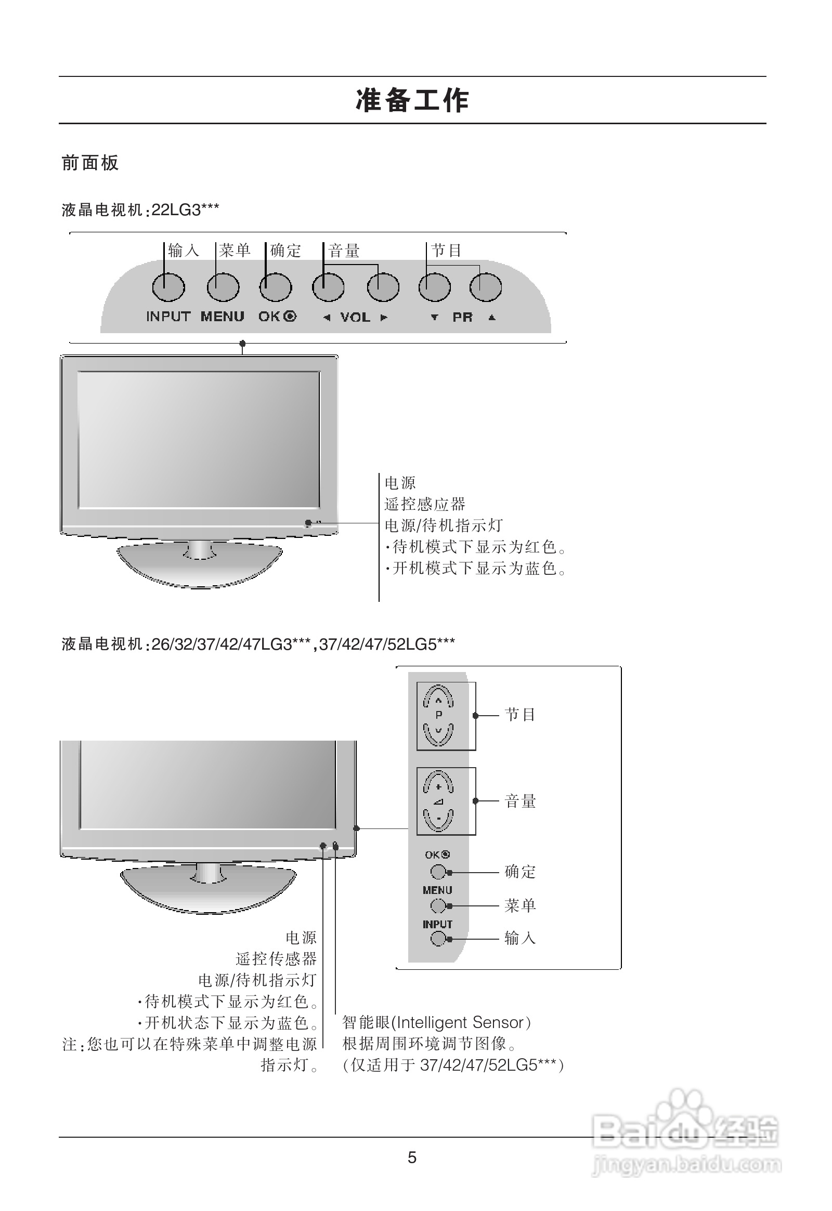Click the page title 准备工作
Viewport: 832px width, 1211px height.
click(412, 100)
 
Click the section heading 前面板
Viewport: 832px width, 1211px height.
click(90, 163)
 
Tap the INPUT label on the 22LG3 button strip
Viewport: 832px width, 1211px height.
click(168, 317)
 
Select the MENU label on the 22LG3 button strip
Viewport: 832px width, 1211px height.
click(223, 317)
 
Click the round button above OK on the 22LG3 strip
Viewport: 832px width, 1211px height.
click(275, 287)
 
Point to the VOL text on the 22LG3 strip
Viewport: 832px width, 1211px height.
click(355, 318)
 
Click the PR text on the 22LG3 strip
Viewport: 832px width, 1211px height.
click(462, 318)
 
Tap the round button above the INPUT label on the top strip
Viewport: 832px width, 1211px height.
click(168, 287)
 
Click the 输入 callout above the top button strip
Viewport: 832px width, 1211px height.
click(184, 251)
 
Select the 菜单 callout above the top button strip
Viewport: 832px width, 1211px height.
click(235, 251)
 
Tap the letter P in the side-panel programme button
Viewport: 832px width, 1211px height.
click(438, 716)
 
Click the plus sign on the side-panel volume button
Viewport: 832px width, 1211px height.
click(438, 787)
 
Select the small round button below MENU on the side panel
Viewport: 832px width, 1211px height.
click(438, 906)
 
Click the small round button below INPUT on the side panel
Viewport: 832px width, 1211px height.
click(438, 939)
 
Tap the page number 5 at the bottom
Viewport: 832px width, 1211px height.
click(412, 1157)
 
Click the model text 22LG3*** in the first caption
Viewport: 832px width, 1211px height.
click(185, 210)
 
